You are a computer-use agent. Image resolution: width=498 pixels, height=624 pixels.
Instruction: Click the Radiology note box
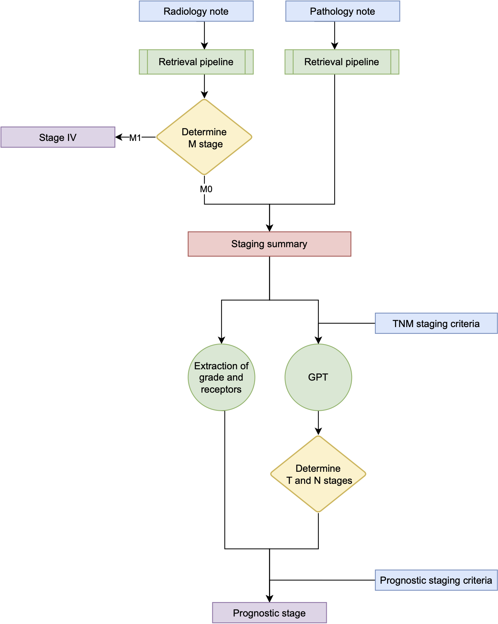tap(196, 11)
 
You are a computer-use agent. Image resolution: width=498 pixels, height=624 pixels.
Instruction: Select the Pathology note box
tap(342, 11)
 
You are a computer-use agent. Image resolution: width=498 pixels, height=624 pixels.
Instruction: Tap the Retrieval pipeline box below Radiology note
tap(196, 62)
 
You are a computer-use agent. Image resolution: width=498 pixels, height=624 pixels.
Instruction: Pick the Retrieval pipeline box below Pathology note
tap(341, 62)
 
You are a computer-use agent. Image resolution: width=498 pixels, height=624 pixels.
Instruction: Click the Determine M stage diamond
tap(204, 138)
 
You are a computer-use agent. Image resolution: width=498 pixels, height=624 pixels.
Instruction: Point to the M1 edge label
tap(135, 138)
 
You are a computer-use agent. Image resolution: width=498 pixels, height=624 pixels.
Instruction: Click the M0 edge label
tap(206, 189)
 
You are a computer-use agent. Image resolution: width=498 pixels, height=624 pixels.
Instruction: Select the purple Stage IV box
tap(58, 138)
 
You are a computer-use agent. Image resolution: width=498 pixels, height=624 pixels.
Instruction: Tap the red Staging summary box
tap(269, 244)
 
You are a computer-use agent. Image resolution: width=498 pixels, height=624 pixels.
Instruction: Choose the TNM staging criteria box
tap(436, 324)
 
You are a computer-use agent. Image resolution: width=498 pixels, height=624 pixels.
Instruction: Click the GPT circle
tap(318, 377)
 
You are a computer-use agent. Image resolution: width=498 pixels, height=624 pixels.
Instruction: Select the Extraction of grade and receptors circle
tap(221, 377)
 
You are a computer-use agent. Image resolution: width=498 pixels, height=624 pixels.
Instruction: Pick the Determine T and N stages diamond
tap(318, 474)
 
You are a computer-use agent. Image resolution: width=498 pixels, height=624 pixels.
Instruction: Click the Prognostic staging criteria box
tap(436, 580)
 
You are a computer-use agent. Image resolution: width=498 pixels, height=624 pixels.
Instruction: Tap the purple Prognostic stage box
tap(269, 613)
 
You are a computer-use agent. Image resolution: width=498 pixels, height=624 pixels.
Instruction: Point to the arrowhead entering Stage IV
tap(119, 138)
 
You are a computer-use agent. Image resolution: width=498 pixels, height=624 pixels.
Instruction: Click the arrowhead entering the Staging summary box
tap(269, 228)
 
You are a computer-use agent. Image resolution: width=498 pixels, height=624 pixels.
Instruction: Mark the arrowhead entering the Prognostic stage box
tap(269, 598)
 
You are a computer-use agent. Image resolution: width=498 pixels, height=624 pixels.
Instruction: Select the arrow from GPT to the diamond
tap(318, 423)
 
